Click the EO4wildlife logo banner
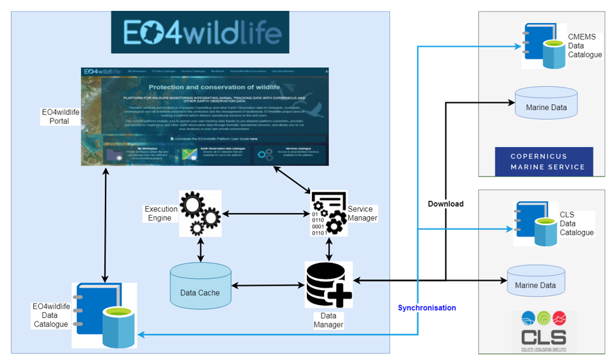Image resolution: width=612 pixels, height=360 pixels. pyautogui.click(x=200, y=31)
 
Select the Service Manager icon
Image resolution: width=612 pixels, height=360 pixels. pyautogui.click(x=328, y=214)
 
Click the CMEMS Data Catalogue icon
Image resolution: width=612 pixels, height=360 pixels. pyautogui.click(x=543, y=45)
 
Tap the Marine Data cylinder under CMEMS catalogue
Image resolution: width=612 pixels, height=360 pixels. pyautogui.click(x=545, y=103)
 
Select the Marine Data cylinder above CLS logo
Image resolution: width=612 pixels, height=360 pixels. pyautogui.click(x=536, y=281)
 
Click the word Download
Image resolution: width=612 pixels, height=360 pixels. pyautogui.click(x=446, y=204)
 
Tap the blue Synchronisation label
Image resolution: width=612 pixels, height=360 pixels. pyautogui.click(x=427, y=308)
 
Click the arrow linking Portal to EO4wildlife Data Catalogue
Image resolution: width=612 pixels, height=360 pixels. pyautogui.click(x=105, y=224)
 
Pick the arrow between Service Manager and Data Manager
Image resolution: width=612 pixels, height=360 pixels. pyautogui.click(x=329, y=248)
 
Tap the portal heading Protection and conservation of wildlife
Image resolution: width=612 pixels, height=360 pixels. pyautogui.click(x=213, y=87)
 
